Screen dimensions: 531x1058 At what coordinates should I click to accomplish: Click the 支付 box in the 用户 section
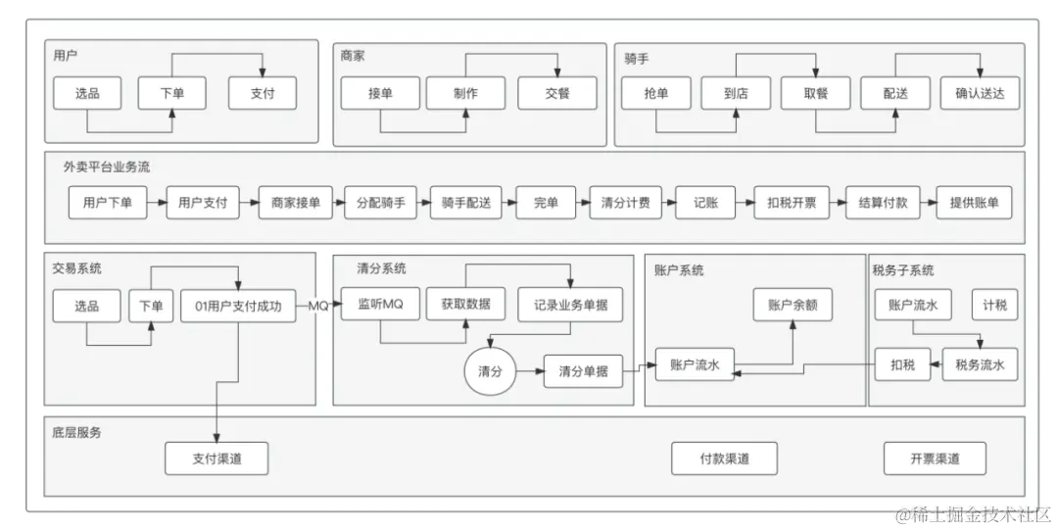click(263, 94)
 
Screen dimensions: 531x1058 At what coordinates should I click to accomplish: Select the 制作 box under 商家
click(465, 94)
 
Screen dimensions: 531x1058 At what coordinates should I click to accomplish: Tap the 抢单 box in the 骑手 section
click(656, 94)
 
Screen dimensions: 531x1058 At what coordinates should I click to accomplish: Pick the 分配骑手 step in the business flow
click(374, 203)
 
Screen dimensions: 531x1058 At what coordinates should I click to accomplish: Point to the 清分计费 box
click(626, 203)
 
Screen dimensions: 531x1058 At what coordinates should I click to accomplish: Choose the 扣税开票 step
click(792, 203)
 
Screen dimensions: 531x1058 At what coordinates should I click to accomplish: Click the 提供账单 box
click(974, 203)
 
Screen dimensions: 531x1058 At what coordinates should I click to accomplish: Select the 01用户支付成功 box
click(238, 306)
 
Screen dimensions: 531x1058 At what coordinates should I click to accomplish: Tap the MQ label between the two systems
click(318, 306)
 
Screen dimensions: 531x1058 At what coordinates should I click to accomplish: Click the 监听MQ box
click(373, 305)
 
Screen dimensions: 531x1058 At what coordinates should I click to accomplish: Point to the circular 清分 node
click(490, 372)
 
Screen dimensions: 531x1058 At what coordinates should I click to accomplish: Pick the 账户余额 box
click(793, 305)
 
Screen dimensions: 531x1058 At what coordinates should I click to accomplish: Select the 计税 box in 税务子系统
click(994, 305)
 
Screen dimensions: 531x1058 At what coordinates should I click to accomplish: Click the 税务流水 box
click(980, 365)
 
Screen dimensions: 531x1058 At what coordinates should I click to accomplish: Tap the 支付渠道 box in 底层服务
click(216, 459)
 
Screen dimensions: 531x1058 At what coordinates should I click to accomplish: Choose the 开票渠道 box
click(935, 459)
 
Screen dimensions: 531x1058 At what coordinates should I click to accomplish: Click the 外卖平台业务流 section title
click(108, 168)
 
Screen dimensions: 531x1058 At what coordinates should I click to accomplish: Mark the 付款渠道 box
click(724, 459)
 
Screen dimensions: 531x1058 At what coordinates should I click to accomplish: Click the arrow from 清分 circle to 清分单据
click(530, 372)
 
